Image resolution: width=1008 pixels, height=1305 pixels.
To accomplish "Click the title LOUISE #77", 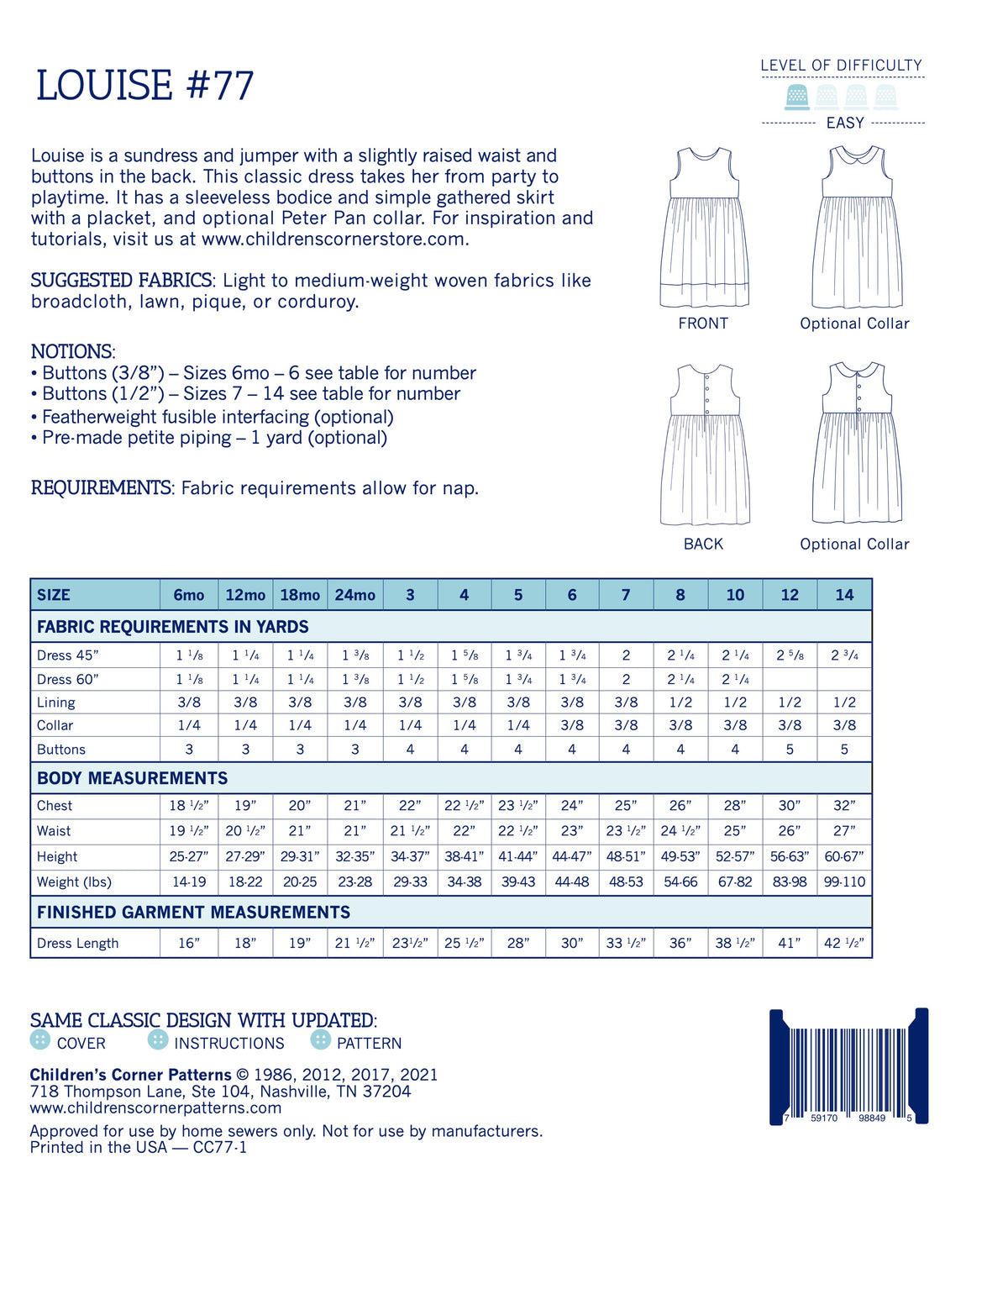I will [144, 86].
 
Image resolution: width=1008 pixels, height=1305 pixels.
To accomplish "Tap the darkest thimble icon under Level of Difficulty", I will [797, 97].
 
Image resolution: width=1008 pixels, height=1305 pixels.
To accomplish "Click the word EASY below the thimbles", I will [845, 123].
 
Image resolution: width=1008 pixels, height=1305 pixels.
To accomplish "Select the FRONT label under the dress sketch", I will [703, 324].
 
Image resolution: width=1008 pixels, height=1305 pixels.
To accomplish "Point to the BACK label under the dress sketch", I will [703, 544].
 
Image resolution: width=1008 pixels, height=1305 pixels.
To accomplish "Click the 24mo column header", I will [354, 595].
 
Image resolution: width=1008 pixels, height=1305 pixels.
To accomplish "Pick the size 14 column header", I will [844, 595].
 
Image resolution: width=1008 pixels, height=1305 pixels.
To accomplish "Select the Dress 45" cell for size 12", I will [790, 655].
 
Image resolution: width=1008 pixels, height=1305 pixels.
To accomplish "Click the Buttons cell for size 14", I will [844, 749].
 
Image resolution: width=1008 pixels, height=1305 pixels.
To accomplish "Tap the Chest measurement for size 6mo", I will [189, 806].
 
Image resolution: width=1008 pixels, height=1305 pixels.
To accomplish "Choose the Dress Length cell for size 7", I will [626, 943].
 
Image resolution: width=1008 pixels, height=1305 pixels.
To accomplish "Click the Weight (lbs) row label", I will [74, 882].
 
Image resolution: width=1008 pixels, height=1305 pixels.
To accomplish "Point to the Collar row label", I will [55, 725].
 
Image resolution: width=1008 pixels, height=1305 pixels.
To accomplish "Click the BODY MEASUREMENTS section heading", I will [132, 778].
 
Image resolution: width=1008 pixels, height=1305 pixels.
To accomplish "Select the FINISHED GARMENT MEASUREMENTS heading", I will [193, 913].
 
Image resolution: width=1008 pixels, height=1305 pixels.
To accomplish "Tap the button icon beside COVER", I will [39, 1040].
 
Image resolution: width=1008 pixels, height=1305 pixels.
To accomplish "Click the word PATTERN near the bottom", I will [369, 1044].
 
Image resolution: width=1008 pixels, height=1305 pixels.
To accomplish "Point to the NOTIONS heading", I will [72, 351].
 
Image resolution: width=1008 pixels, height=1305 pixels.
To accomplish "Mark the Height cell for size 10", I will [735, 857].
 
